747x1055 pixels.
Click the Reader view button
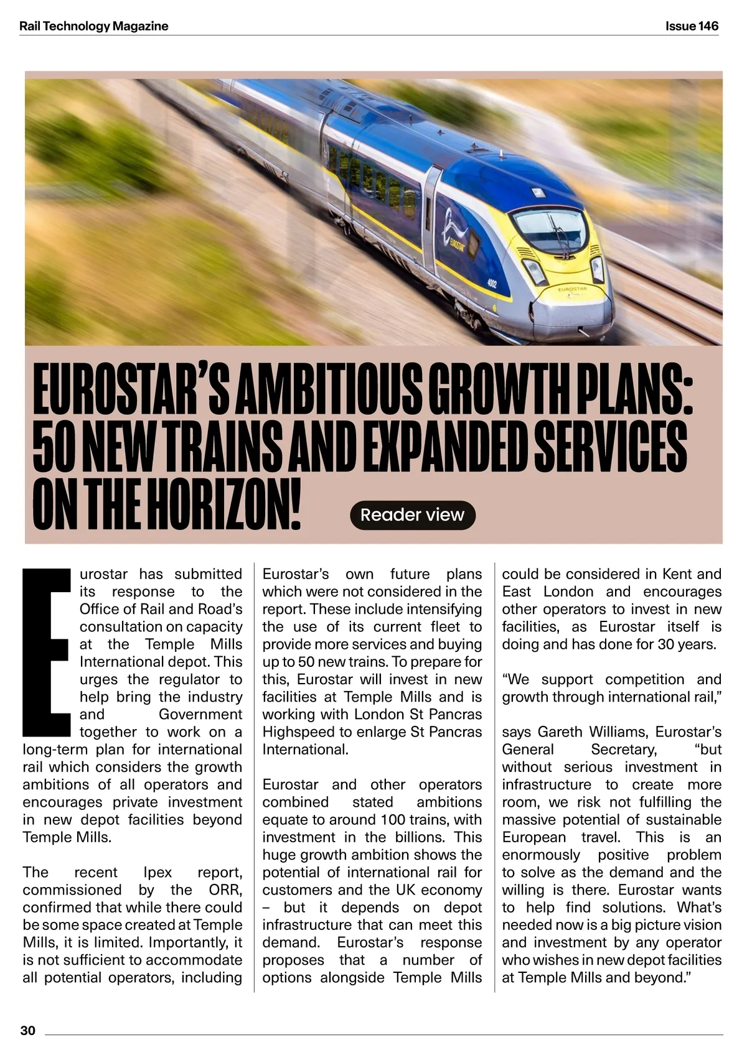tap(412, 515)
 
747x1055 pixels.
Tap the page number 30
tap(28, 1031)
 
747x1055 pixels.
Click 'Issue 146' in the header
tap(692, 26)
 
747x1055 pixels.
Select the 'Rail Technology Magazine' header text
tap(94, 26)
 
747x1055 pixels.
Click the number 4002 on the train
tap(492, 284)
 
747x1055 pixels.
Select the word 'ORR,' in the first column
tap(225, 890)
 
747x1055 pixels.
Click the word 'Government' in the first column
tap(200, 714)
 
